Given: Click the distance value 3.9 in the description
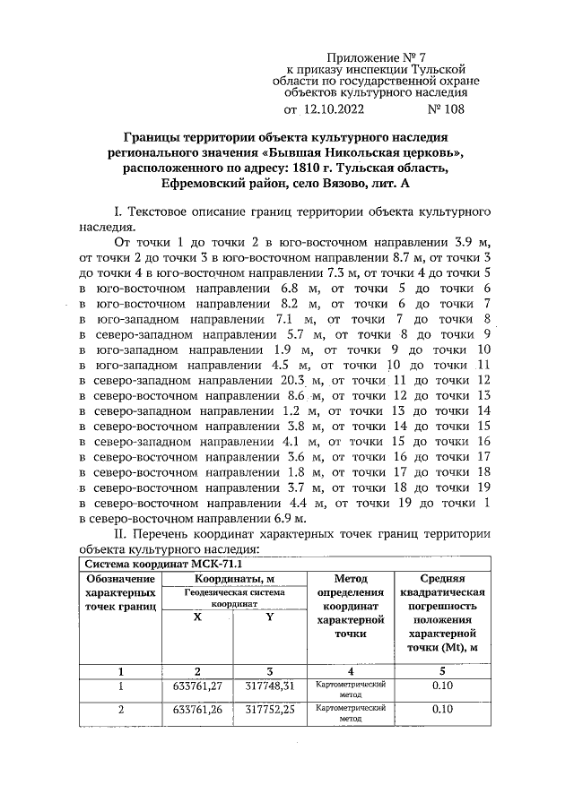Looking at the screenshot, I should (460, 242).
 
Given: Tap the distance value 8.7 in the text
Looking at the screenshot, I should (376, 258).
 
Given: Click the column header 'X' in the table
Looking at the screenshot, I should (198, 618).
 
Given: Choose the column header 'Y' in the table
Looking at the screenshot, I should (270, 618).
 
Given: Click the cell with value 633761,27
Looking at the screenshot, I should (198, 687).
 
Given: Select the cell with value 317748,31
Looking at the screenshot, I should (270, 687).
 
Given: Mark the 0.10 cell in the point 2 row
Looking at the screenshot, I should (440, 710).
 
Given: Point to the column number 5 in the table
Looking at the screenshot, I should (440, 669).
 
